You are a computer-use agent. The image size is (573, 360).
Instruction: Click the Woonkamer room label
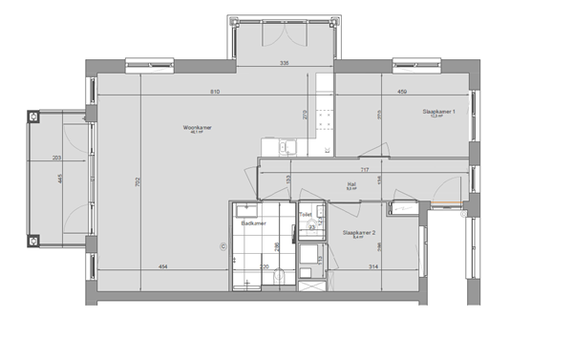click(199, 127)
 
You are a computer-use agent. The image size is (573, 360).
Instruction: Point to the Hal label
click(350, 185)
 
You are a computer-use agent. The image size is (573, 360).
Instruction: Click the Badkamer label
click(253, 222)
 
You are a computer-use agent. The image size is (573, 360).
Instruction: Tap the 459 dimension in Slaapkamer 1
click(403, 91)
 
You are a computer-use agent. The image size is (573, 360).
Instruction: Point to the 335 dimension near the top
click(284, 63)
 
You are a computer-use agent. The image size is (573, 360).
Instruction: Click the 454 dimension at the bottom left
click(163, 267)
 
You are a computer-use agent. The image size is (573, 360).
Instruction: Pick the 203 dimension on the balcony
click(56, 158)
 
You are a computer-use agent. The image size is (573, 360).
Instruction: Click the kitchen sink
click(284, 148)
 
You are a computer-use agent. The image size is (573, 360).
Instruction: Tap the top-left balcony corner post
click(34, 116)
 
